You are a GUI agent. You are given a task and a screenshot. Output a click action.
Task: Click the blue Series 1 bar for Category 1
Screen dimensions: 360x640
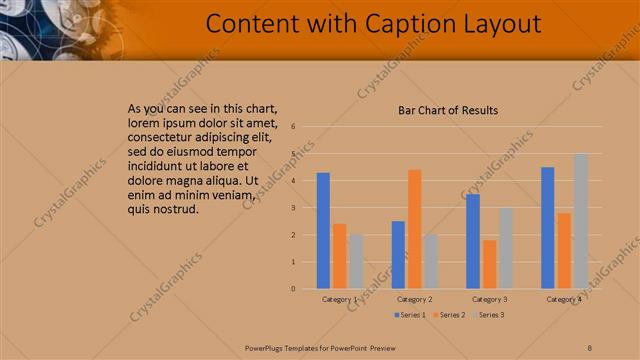coord(323,231)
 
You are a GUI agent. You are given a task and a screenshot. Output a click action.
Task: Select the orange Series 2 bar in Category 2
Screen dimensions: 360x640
coord(414,229)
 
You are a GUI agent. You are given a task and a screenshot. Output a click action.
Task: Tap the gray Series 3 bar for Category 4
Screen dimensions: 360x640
coord(581,221)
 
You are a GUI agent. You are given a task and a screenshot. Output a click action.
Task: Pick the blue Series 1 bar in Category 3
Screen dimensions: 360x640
coord(473,241)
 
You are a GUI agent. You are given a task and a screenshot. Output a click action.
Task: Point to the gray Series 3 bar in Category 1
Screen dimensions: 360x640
coord(356,262)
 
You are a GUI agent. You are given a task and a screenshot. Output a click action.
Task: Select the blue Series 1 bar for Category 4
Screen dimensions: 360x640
coord(547,228)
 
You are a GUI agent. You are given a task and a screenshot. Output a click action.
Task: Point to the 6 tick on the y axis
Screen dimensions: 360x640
coord(293,127)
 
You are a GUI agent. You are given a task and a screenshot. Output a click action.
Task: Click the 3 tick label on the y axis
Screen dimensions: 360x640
coord(293,208)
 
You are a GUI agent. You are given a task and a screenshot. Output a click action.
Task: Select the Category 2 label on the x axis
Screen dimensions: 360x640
coord(414,299)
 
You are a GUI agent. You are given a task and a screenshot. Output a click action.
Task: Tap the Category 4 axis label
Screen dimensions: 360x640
coord(564,299)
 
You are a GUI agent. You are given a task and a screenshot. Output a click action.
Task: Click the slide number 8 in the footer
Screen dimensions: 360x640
coord(590,347)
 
